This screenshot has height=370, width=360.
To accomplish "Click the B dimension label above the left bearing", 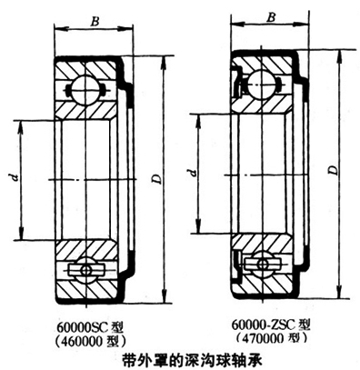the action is [95, 22].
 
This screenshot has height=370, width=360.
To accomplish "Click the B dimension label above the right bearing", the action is [271, 17].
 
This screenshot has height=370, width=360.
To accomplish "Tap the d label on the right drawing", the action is [192, 173].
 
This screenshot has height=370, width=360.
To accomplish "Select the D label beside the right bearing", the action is [334, 170].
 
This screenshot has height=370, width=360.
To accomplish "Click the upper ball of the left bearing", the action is [85, 89].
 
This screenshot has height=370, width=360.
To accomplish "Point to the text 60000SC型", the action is [90, 327].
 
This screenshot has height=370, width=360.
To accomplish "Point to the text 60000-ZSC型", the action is [271, 325].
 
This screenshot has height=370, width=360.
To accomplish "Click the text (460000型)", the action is [90, 342].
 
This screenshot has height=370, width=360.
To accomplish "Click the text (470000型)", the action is [271, 338].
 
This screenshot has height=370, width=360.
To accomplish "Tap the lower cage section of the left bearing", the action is [86, 269].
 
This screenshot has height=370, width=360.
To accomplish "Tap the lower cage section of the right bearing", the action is [262, 263].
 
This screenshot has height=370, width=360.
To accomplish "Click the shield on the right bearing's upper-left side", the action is [237, 81].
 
